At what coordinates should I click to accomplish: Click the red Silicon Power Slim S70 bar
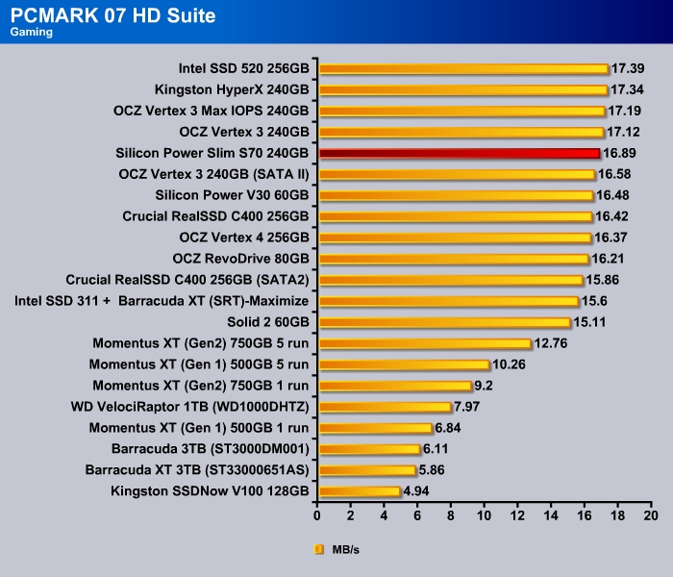[460, 153]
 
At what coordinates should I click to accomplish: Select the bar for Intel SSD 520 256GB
[463, 68]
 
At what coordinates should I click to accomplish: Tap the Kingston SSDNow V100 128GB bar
[360, 491]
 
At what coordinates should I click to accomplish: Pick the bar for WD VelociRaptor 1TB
[385, 407]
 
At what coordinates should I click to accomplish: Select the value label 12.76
[552, 343]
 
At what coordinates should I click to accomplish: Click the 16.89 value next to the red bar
[620, 153]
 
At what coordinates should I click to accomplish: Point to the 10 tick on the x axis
[485, 515]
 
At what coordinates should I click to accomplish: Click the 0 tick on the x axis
[318, 515]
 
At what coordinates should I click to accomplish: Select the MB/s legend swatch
[319, 550]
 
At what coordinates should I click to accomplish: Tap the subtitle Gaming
[31, 33]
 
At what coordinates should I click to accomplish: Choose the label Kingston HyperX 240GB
[232, 89]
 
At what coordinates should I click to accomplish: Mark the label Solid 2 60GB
[268, 322]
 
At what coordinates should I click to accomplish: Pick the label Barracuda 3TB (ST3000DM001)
[211, 449]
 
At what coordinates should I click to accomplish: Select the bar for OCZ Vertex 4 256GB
[455, 238]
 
